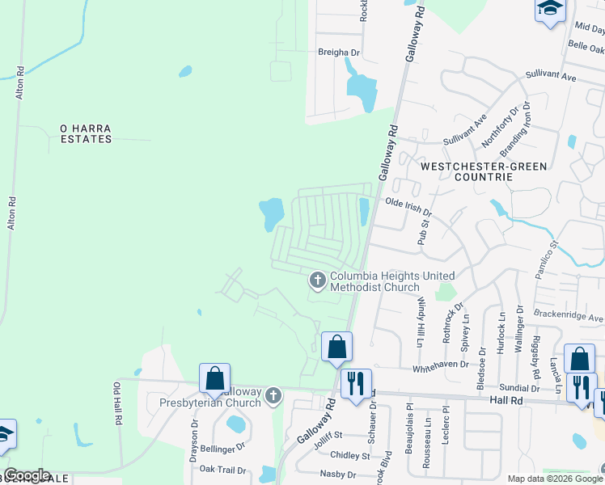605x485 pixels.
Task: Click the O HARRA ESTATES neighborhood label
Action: pyautogui.click(x=86, y=133)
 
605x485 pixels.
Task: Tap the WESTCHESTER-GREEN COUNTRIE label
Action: pyautogui.click(x=484, y=171)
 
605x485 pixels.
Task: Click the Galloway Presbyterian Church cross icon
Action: pyautogui.click(x=273, y=396)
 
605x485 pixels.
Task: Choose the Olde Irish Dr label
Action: pyautogui.click(x=408, y=206)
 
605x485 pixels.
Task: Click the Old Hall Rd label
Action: pyautogui.click(x=117, y=404)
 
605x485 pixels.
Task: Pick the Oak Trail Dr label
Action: pyautogui.click(x=222, y=469)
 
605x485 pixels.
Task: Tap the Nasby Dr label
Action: pyautogui.click(x=338, y=474)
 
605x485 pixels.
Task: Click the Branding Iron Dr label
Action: pyautogui.click(x=514, y=129)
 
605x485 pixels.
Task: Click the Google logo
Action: pyautogui.click(x=26, y=475)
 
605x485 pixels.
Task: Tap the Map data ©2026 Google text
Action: pyautogui.click(x=554, y=479)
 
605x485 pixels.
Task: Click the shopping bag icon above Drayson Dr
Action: pyautogui.click(x=215, y=378)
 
